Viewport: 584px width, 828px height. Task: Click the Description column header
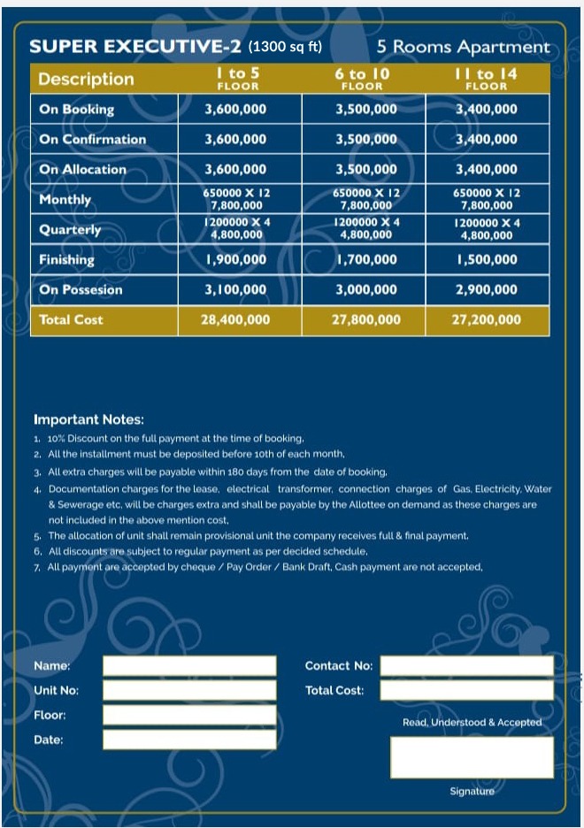click(86, 79)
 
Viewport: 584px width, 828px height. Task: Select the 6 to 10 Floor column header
click(363, 79)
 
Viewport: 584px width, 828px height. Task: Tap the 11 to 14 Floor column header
click(487, 79)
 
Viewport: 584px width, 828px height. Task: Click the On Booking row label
click(77, 109)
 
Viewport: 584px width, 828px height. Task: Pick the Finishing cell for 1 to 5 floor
click(235, 259)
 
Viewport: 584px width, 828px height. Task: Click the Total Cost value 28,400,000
click(235, 319)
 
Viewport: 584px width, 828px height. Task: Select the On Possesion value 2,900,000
click(487, 289)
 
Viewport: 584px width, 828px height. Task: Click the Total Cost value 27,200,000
click(487, 319)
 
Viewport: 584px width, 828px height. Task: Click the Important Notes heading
click(88, 420)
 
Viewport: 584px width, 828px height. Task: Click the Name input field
click(189, 666)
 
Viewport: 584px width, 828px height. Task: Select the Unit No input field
click(189, 690)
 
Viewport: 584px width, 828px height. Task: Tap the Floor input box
click(189, 715)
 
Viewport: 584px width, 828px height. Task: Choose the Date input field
click(189, 740)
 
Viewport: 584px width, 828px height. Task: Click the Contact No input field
click(466, 666)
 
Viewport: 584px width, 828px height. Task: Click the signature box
click(472, 757)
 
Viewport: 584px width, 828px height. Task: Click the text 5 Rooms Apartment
click(463, 47)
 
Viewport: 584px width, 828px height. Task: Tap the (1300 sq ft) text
click(285, 47)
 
